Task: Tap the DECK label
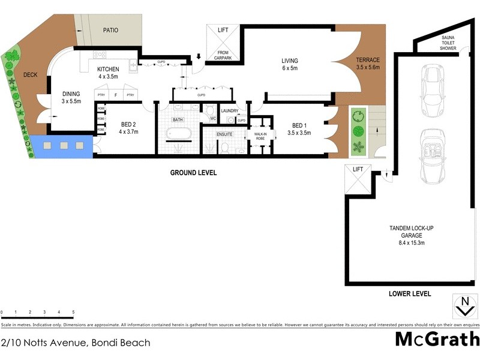(30, 75)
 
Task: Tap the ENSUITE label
(225, 134)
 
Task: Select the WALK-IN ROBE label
(260, 136)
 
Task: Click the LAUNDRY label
(230, 111)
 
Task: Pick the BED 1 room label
(299, 129)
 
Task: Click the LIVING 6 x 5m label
(290, 64)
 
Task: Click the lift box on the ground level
(223, 43)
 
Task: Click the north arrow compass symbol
(464, 306)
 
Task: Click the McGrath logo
(437, 339)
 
